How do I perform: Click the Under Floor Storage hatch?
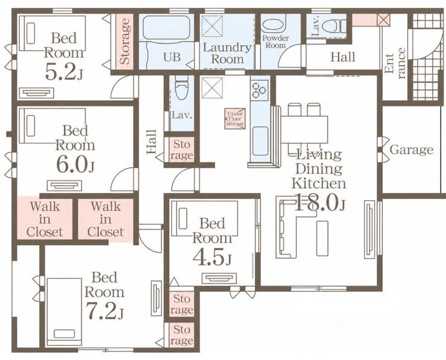pyautogui.click(x=235, y=119)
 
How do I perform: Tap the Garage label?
pyautogui.click(x=411, y=150)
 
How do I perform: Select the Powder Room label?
pyautogui.click(x=275, y=42)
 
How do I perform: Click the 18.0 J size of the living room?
pyautogui.click(x=320, y=203)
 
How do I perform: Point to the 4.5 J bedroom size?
pyautogui.click(x=212, y=257)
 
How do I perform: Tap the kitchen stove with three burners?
pyautogui.click(x=259, y=90)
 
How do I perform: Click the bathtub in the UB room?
pyautogui.click(x=166, y=28)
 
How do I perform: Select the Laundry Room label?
pyautogui.click(x=227, y=53)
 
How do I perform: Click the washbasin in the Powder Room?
pyautogui.click(x=273, y=25)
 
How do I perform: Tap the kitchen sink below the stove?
pyautogui.click(x=260, y=141)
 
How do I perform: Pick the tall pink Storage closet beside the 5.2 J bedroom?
pyautogui.click(x=125, y=41)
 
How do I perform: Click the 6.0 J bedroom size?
pyautogui.click(x=75, y=165)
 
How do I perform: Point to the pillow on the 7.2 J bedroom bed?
pyautogui.click(x=64, y=333)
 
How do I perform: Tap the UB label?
pyautogui.click(x=172, y=57)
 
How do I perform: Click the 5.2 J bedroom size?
pyautogui.click(x=64, y=71)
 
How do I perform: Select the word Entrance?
pyautogui.click(x=394, y=63)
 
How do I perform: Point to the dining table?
pyautogui.click(x=304, y=130)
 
